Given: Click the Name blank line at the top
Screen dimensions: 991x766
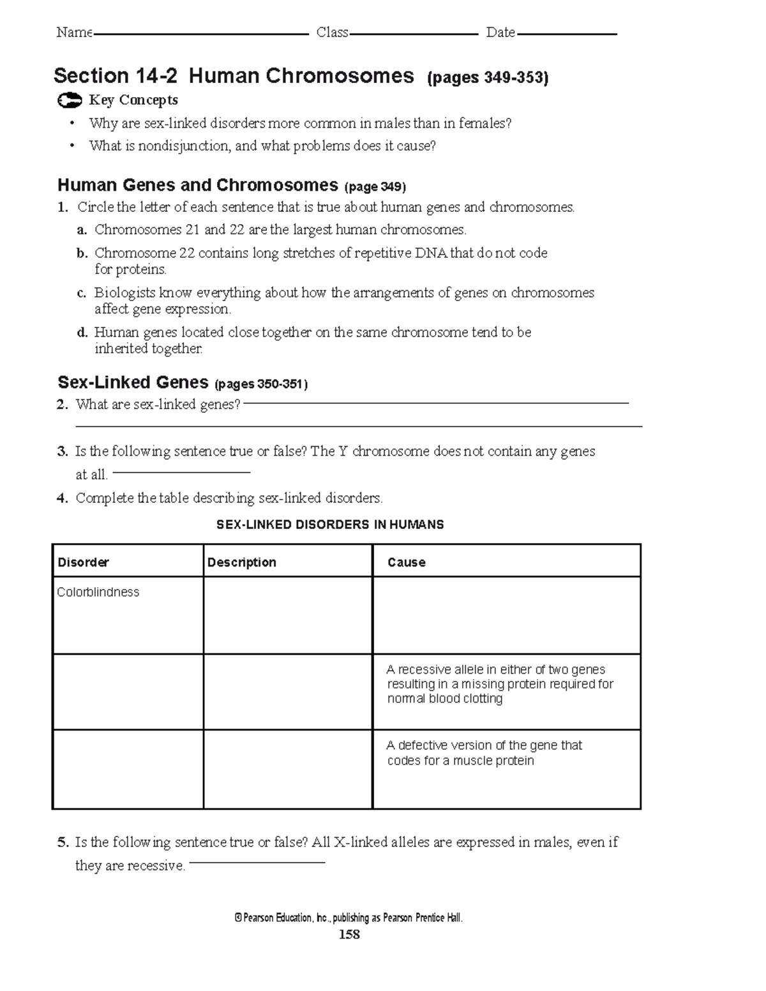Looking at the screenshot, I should tap(201, 34).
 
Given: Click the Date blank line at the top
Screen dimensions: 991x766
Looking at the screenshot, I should tap(567, 34).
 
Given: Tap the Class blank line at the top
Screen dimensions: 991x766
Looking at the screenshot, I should tap(414, 34).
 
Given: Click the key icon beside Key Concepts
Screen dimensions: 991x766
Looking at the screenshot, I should tap(69, 101).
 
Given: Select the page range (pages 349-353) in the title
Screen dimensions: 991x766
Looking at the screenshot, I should tap(488, 78).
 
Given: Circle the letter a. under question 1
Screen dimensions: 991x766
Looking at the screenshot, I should tap(81, 230).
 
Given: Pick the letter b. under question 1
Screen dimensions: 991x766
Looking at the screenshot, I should tap(81, 253).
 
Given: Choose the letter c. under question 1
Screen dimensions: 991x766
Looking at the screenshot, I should tap(81, 293).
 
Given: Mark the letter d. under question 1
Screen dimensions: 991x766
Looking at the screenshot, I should tap(81, 332).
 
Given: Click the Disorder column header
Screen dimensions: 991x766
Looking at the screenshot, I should tap(84, 562).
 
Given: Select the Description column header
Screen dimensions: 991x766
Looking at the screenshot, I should tap(242, 562).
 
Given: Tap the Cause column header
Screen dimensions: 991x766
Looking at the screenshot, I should tap(407, 562).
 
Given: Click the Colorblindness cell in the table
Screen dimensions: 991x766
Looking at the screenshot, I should tap(98, 592).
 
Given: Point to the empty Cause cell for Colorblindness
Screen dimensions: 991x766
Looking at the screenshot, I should tap(506, 615).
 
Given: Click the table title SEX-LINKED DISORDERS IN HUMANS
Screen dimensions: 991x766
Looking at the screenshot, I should tap(330, 525).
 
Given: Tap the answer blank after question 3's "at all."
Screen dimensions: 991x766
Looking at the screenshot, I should tap(181, 473).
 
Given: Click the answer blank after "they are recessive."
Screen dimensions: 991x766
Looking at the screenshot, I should tap(257, 863).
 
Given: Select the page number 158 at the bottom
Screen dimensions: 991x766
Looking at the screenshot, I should tap(349, 935).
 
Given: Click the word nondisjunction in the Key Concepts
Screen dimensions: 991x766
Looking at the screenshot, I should tap(184, 146).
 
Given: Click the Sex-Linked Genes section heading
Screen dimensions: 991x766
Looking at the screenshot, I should tap(133, 383).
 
